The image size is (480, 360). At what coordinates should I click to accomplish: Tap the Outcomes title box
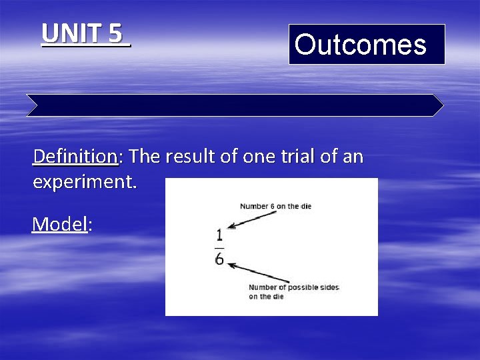point(366,45)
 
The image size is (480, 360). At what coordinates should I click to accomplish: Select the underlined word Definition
point(75,157)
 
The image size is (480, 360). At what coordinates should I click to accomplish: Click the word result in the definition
point(189,157)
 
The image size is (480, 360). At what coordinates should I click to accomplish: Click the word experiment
point(84,181)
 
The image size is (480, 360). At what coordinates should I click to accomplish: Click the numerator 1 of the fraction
point(219,235)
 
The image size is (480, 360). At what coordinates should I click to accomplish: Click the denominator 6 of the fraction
point(219,259)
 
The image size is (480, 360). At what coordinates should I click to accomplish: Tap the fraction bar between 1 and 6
point(219,247)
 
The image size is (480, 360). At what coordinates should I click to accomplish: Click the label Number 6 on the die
point(275,206)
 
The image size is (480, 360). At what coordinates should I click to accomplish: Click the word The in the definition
point(145,157)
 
